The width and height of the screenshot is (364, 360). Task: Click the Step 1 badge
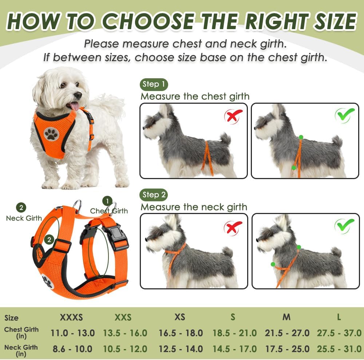(x=154, y=84)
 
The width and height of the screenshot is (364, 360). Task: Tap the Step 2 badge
(x=154, y=195)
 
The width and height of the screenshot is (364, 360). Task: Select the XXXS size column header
(x=71, y=317)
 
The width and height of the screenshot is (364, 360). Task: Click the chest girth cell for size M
(x=287, y=333)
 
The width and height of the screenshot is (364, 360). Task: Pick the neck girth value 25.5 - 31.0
(x=339, y=349)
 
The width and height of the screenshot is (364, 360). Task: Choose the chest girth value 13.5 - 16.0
(x=125, y=333)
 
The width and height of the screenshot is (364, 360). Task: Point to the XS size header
(x=180, y=317)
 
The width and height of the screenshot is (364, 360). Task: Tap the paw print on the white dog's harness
(x=51, y=135)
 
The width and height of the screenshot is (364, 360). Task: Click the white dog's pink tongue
(x=74, y=106)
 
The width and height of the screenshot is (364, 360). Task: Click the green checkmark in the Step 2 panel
(x=344, y=226)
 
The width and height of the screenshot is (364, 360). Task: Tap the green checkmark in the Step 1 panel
(x=345, y=115)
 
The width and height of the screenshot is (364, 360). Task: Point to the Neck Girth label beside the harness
(x=24, y=218)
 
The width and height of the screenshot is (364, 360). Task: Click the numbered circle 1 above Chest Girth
(x=107, y=201)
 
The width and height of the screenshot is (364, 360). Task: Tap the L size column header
(x=339, y=317)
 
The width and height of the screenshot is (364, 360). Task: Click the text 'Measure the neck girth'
(x=194, y=207)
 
